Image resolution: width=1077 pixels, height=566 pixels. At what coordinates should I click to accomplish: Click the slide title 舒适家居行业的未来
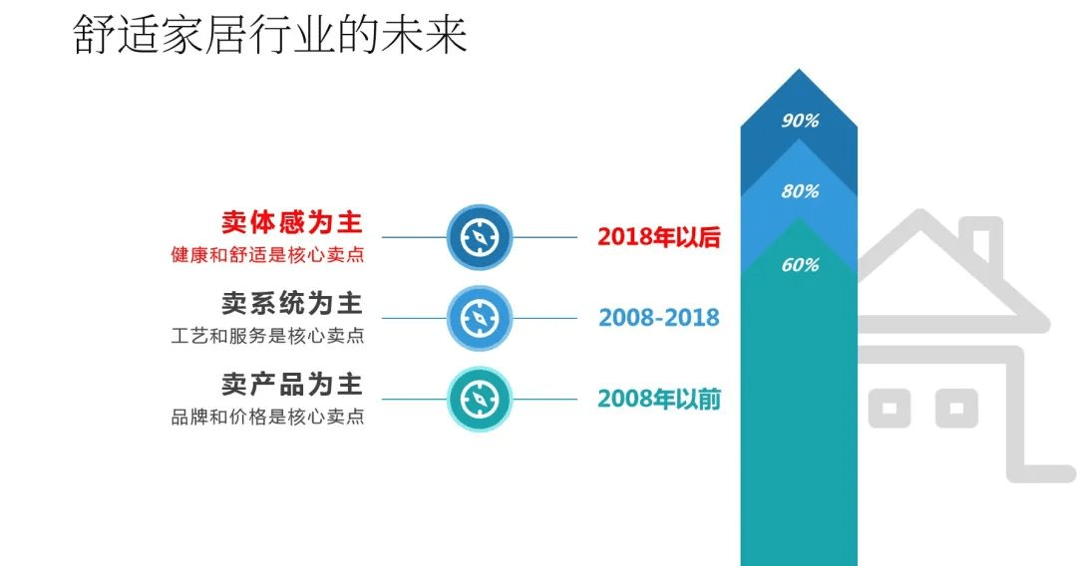click(270, 35)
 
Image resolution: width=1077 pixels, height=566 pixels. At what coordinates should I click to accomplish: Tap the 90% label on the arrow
click(800, 121)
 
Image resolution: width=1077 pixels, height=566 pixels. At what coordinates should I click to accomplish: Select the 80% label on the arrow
click(800, 191)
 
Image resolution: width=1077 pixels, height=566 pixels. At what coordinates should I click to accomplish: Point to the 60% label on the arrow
click(800, 265)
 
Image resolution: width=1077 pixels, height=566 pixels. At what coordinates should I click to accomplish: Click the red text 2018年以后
click(659, 237)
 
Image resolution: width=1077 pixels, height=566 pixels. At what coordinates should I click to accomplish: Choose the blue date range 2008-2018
click(659, 318)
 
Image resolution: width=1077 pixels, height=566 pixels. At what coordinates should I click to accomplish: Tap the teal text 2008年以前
click(659, 399)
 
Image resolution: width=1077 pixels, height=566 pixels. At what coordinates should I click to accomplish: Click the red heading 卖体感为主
click(292, 222)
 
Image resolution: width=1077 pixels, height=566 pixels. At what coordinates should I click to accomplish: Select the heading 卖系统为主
click(292, 303)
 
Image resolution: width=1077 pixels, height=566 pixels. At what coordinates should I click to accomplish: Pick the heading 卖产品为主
click(292, 385)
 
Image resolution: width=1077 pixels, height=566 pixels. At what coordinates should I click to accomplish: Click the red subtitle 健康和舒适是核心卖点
click(268, 255)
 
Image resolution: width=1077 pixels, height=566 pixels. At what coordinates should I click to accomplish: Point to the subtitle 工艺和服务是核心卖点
click(268, 336)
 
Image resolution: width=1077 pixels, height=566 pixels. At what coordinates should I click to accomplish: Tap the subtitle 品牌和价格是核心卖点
click(268, 418)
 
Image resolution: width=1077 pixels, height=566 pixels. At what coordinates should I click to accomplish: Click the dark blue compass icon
click(480, 237)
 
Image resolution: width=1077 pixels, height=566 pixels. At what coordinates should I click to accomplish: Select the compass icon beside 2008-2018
click(480, 318)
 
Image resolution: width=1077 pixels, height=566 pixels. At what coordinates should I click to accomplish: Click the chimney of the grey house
click(981, 240)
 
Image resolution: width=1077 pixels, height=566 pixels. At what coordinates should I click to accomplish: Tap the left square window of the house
click(890, 409)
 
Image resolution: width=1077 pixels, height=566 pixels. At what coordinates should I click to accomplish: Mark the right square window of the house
click(955, 409)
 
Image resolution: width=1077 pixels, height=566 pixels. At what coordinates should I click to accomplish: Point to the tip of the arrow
click(799, 70)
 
